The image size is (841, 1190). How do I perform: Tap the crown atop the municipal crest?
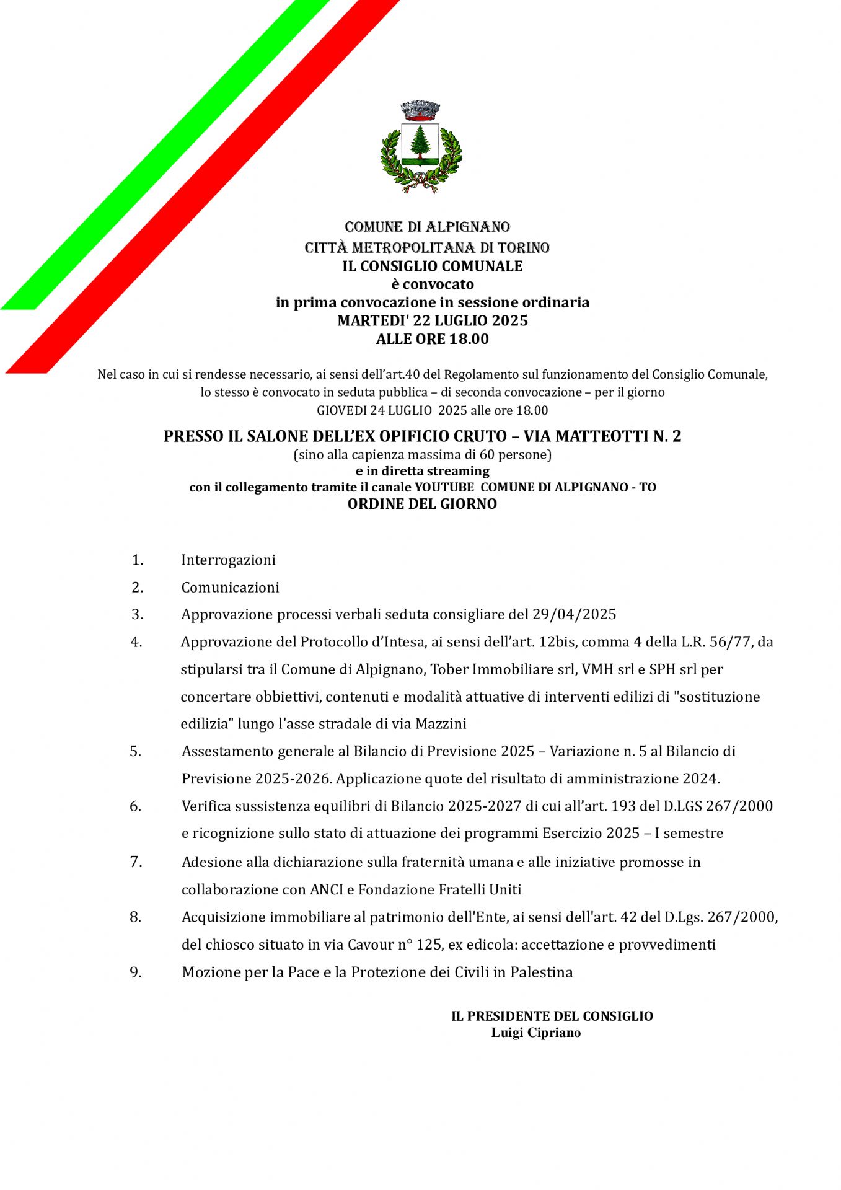tap(420, 110)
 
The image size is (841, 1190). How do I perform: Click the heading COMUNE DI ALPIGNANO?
tap(427, 227)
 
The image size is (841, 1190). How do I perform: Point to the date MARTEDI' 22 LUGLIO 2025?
tap(432, 320)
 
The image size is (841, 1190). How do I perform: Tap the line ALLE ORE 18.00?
tap(432, 339)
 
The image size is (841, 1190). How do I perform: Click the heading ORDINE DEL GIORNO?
tap(422, 504)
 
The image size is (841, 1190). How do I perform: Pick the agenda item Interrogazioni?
tap(228, 560)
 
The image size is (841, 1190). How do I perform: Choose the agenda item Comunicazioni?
tap(230, 587)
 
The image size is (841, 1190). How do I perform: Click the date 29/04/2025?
tap(574, 614)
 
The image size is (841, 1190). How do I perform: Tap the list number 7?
tap(136, 862)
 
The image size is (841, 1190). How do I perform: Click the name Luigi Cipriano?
tap(535, 1033)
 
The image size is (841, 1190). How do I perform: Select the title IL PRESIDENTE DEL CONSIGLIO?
tap(552, 1016)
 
